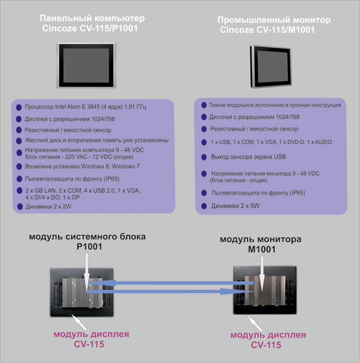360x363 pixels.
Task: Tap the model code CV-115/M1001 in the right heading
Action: (286, 30)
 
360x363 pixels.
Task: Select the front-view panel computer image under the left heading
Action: (86, 66)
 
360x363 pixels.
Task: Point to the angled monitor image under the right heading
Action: (271, 66)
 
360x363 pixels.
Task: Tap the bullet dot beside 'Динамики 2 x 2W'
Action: (20, 207)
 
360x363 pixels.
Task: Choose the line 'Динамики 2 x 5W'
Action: (235, 206)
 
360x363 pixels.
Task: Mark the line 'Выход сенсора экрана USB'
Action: (248, 157)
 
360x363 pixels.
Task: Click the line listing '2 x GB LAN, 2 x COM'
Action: (82, 194)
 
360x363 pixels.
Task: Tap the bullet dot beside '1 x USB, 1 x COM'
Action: (204, 142)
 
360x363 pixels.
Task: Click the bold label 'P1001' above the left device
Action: (89, 247)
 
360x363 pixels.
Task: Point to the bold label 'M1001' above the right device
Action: (262, 249)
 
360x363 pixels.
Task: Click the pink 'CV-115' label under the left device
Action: (89, 344)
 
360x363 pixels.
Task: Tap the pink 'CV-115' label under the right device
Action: (266, 345)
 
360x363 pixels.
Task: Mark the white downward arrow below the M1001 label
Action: (262, 274)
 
